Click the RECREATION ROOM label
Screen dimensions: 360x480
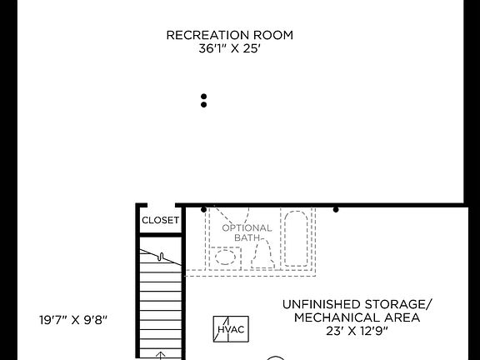coord(230,35)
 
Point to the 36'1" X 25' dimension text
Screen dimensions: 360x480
coord(230,48)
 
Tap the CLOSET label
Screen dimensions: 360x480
coord(160,221)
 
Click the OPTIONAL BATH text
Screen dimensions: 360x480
coord(247,232)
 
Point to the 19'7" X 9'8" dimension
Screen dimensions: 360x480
coord(73,319)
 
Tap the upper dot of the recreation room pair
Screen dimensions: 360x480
coord(203,97)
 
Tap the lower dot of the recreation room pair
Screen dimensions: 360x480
coord(203,105)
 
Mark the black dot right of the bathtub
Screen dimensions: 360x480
coord(336,209)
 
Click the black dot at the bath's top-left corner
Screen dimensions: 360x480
coord(204,209)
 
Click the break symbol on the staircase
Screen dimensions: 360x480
coord(162,257)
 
